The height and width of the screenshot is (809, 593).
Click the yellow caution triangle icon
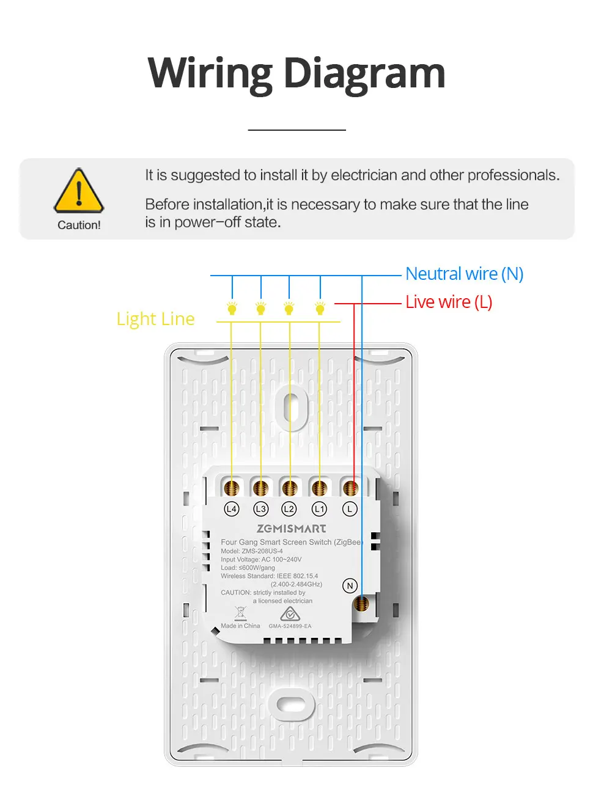coord(79,191)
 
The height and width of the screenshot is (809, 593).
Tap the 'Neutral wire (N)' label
coord(464,274)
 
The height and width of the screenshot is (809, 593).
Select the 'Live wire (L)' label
coord(449,302)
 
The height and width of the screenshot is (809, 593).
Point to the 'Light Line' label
coord(155,319)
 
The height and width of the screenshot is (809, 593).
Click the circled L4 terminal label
coord(232,508)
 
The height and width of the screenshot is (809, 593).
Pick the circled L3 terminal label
coord(261,508)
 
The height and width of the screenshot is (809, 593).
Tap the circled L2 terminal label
coord(289,508)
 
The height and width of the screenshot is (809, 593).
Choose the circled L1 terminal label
coord(319,508)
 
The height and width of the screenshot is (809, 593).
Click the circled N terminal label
coord(350,585)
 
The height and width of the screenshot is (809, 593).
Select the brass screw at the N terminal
coord(361,604)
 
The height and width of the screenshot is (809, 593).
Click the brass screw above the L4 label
coord(232,488)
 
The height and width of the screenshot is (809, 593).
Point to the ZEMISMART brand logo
coord(291,529)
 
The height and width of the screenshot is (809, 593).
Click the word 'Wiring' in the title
coord(210,73)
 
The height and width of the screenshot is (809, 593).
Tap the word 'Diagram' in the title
coord(364,73)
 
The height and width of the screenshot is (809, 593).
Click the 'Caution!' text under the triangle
coord(79,225)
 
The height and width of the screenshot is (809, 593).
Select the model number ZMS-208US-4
coord(262,551)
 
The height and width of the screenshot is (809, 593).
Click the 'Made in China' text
coord(240,626)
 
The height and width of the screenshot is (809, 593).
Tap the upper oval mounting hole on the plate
coord(292,406)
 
